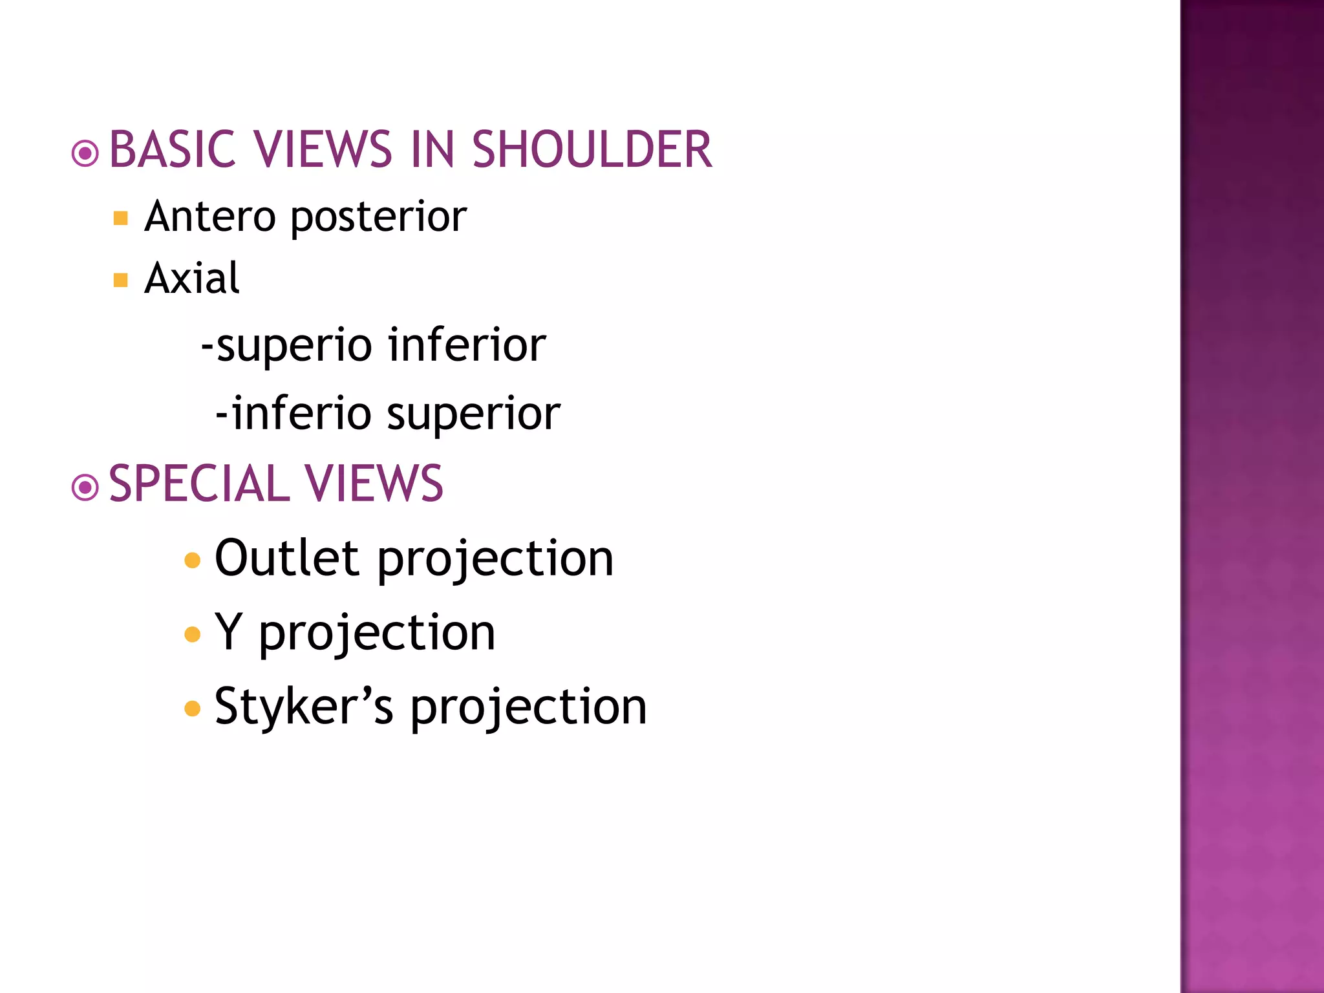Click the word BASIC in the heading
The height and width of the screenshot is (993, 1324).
(x=172, y=149)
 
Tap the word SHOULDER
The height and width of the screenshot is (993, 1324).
(x=592, y=149)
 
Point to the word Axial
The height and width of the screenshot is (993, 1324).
(x=192, y=279)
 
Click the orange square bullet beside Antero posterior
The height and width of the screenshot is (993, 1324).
(x=120, y=218)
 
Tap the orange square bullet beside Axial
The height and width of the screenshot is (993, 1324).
(x=120, y=280)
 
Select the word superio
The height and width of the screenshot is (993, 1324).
(x=294, y=347)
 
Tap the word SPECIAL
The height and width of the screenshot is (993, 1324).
(x=199, y=484)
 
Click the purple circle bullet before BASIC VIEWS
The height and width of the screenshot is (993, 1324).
(x=85, y=154)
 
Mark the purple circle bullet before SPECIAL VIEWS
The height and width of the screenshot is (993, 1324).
(x=85, y=487)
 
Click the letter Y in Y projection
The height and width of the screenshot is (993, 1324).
(x=229, y=632)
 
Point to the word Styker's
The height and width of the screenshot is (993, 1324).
(x=303, y=707)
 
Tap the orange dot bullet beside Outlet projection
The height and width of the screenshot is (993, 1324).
(x=192, y=560)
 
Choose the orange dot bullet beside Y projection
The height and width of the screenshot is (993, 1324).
(x=192, y=634)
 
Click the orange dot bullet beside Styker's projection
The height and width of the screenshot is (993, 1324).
(x=192, y=709)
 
